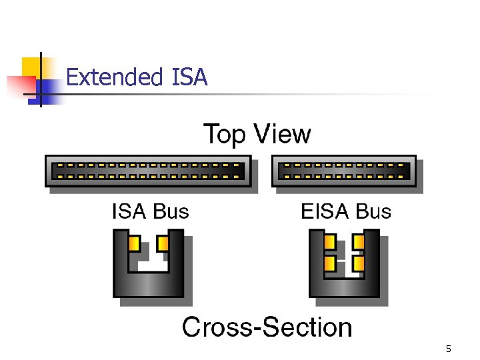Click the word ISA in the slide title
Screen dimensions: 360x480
tap(189, 78)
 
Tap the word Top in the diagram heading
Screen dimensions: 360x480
tap(225, 134)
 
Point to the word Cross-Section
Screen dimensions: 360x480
tap(267, 327)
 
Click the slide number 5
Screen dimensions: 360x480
tap(448, 349)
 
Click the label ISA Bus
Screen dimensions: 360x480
tap(150, 212)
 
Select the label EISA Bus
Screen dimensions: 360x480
tap(346, 212)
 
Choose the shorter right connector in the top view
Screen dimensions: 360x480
tap(344, 171)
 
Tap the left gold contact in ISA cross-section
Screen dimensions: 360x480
tap(134, 243)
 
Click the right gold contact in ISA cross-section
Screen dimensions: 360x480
tap(162, 243)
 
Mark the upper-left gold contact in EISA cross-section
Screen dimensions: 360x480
tap(330, 241)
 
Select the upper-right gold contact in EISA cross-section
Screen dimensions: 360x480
tap(358, 241)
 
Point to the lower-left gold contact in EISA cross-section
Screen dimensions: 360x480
tap(330, 263)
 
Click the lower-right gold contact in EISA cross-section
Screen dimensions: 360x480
tap(358, 263)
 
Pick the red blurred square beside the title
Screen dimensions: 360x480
tap(19, 86)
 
